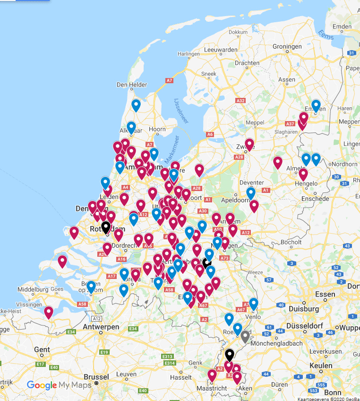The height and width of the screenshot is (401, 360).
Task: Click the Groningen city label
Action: [287, 46]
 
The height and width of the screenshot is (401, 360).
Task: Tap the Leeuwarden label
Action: [221, 50]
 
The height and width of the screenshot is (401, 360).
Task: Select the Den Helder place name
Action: [129, 85]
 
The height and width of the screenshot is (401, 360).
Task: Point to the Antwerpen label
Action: [101, 327]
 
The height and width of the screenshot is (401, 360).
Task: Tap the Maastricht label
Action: [206, 389]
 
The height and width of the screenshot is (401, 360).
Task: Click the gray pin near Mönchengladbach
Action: [245, 337]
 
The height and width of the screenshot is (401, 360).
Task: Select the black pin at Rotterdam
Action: [106, 227]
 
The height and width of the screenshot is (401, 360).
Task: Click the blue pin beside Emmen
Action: [316, 106]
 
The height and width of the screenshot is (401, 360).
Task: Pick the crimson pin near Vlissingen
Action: [49, 312]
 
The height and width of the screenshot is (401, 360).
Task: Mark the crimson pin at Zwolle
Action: [249, 144]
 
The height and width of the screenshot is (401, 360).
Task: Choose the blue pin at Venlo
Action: [253, 304]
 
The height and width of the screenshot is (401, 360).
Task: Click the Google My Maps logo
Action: [59, 385]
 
